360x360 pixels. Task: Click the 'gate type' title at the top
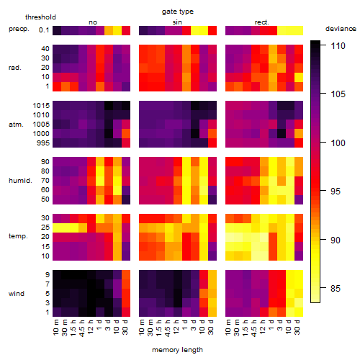(x=178, y=12)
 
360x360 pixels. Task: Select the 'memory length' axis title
(x=177, y=350)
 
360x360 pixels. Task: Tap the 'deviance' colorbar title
(x=341, y=29)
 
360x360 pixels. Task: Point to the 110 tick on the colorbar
(x=338, y=45)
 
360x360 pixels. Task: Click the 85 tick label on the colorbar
(x=336, y=288)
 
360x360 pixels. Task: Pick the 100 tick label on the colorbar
(x=338, y=143)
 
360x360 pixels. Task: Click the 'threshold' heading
(x=40, y=17)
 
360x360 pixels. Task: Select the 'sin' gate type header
(x=177, y=22)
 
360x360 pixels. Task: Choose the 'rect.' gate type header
(x=262, y=22)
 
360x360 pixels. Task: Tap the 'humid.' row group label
(x=20, y=181)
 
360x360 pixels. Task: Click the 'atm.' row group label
(x=16, y=125)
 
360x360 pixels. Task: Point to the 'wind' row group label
(x=17, y=294)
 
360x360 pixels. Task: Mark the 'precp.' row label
(x=19, y=29)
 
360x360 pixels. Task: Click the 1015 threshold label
(x=41, y=106)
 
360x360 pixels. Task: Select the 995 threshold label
(x=43, y=143)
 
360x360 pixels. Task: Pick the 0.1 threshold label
(x=44, y=30)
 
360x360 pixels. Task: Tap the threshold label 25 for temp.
(x=45, y=228)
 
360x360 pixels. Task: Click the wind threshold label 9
(x=48, y=275)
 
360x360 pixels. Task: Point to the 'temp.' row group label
(x=18, y=236)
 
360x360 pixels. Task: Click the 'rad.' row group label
(x=15, y=68)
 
